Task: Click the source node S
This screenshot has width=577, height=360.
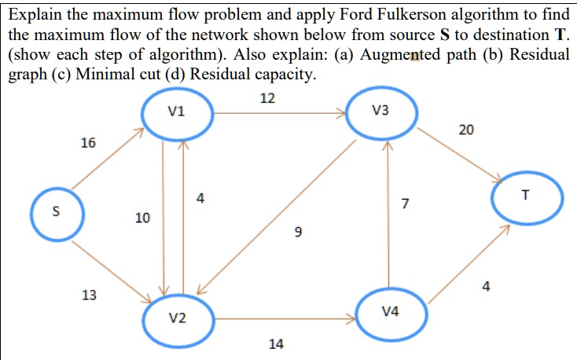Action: coord(54,211)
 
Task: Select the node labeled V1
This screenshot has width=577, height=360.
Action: coord(177,113)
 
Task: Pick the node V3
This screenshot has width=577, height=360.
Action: coord(381,113)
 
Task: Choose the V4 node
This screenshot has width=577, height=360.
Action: coord(390,312)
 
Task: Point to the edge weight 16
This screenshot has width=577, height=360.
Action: coord(88,143)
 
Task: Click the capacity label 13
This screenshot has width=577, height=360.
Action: coord(90,296)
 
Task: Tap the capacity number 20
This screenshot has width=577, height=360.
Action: coord(466,130)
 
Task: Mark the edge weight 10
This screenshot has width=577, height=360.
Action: coord(142,218)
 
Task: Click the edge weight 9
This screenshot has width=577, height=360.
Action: coord(296,233)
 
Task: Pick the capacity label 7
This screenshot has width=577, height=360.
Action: coord(405,205)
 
